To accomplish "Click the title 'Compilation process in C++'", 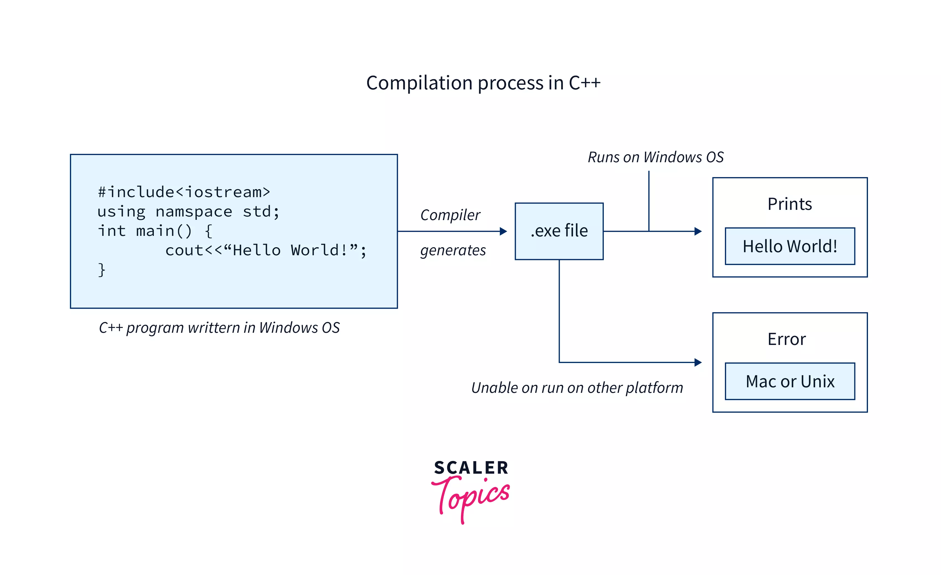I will pyautogui.click(x=483, y=83).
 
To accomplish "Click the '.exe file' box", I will pyautogui.click(x=559, y=231).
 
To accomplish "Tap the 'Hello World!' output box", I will pyautogui.click(x=790, y=246).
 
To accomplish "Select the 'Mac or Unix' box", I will pyautogui.click(x=790, y=381).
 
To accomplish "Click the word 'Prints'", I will pyautogui.click(x=789, y=204).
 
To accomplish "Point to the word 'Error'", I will pyautogui.click(x=786, y=339).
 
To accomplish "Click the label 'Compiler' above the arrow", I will pyautogui.click(x=450, y=215).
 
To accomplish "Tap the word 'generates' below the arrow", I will pyautogui.click(x=453, y=251).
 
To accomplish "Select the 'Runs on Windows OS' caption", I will pyautogui.click(x=655, y=157).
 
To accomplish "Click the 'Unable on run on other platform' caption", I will pyautogui.click(x=577, y=388).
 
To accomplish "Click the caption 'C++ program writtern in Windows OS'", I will pyautogui.click(x=219, y=328).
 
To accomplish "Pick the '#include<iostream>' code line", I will pyautogui.click(x=184, y=192).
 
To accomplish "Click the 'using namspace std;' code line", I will pyautogui.click(x=188, y=211).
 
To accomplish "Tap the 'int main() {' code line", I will pyautogui.click(x=155, y=231).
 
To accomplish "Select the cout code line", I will pyautogui.click(x=265, y=250).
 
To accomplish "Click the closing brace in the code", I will pyautogui.click(x=102, y=270).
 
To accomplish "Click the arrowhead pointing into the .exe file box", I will pyautogui.click(x=503, y=231).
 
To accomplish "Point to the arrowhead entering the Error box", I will pyautogui.click(x=698, y=362).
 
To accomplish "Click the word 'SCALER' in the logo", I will pyautogui.click(x=471, y=468).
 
